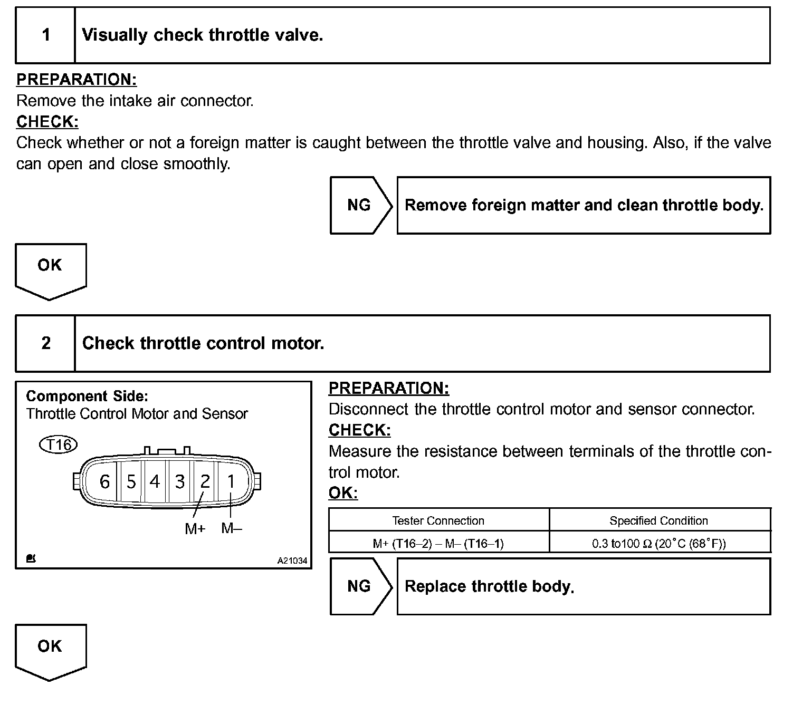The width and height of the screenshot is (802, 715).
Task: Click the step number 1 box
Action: pos(46,35)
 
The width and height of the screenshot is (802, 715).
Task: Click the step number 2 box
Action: pos(46,343)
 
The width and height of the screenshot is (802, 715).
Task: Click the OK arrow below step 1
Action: pos(50,269)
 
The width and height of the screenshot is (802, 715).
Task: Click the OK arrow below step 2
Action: pos(50,650)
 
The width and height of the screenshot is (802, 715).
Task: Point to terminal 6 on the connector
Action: pos(105,481)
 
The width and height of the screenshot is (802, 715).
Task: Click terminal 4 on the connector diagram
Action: pos(155,481)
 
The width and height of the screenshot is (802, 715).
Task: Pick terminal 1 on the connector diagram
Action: pos(231,481)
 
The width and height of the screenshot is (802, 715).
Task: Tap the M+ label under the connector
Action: pos(195,528)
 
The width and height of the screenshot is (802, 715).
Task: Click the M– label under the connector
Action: pos(231,528)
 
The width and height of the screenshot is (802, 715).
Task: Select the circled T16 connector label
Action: pos(59,445)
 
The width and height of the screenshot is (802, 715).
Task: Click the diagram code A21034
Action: pos(292,561)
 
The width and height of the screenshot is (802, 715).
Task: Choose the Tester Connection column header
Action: pos(438,521)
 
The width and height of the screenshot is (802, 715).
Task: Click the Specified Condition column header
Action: pos(658,521)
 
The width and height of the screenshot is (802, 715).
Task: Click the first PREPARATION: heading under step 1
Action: pos(77,80)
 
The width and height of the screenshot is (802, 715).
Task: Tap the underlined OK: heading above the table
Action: pos(343,493)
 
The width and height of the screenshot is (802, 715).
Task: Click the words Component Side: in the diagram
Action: pos(87,396)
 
